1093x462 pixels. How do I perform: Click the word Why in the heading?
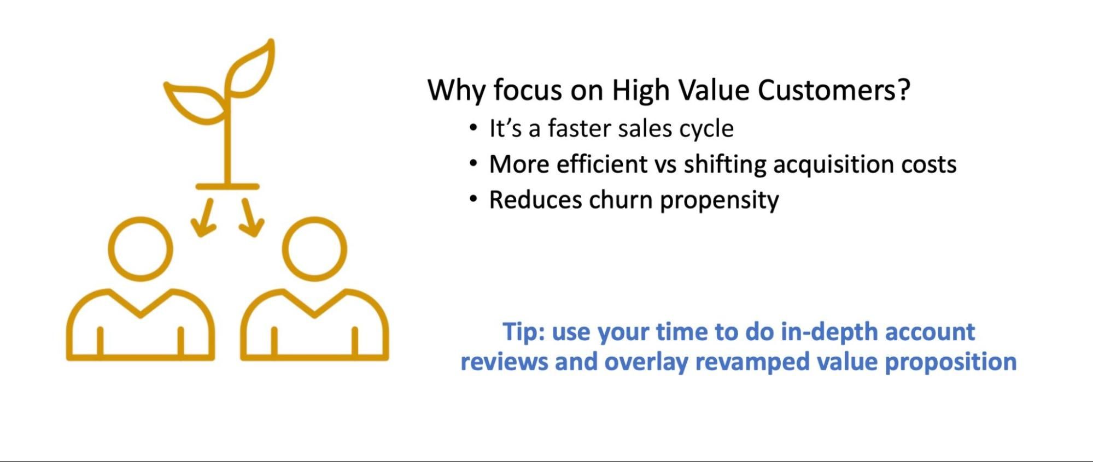click(456, 90)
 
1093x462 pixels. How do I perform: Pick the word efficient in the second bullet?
click(601, 164)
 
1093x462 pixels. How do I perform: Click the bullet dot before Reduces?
click(473, 199)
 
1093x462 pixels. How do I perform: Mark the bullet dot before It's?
click(473, 128)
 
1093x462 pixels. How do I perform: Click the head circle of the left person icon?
click(141, 249)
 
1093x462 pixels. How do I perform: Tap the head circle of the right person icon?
click(314, 249)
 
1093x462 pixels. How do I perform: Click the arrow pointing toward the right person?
click(251, 218)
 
